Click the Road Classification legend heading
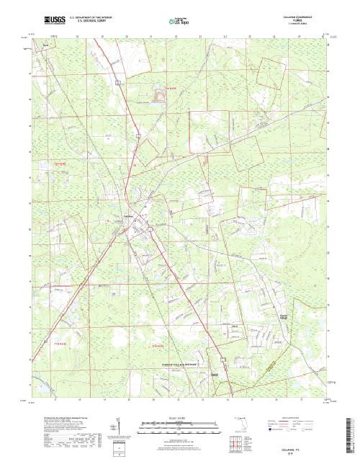[295, 416]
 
